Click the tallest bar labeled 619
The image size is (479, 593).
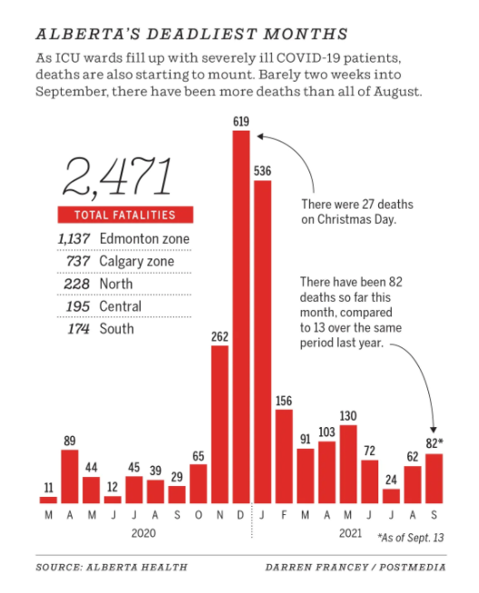click(241, 317)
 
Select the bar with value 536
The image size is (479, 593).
click(262, 342)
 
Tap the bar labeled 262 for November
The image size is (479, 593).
click(220, 424)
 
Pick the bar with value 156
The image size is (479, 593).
click(284, 456)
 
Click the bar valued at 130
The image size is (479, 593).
click(348, 464)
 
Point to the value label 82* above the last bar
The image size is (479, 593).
click(434, 442)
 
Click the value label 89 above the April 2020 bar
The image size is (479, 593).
click(70, 441)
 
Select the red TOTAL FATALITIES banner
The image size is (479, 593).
click(125, 215)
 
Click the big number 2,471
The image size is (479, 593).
click(117, 177)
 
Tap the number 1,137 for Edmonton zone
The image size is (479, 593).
click(73, 238)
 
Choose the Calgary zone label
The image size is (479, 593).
click(137, 261)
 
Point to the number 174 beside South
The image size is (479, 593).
click(79, 328)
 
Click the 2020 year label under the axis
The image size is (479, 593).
click(143, 533)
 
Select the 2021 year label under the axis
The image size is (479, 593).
click(350, 533)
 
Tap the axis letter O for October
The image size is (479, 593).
click(199, 515)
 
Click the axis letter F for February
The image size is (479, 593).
click(284, 515)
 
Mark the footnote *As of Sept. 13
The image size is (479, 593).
click(411, 538)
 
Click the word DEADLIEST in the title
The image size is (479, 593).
click(201, 34)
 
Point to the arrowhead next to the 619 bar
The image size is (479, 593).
click(260, 136)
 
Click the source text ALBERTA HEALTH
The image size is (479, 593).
click(137, 568)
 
